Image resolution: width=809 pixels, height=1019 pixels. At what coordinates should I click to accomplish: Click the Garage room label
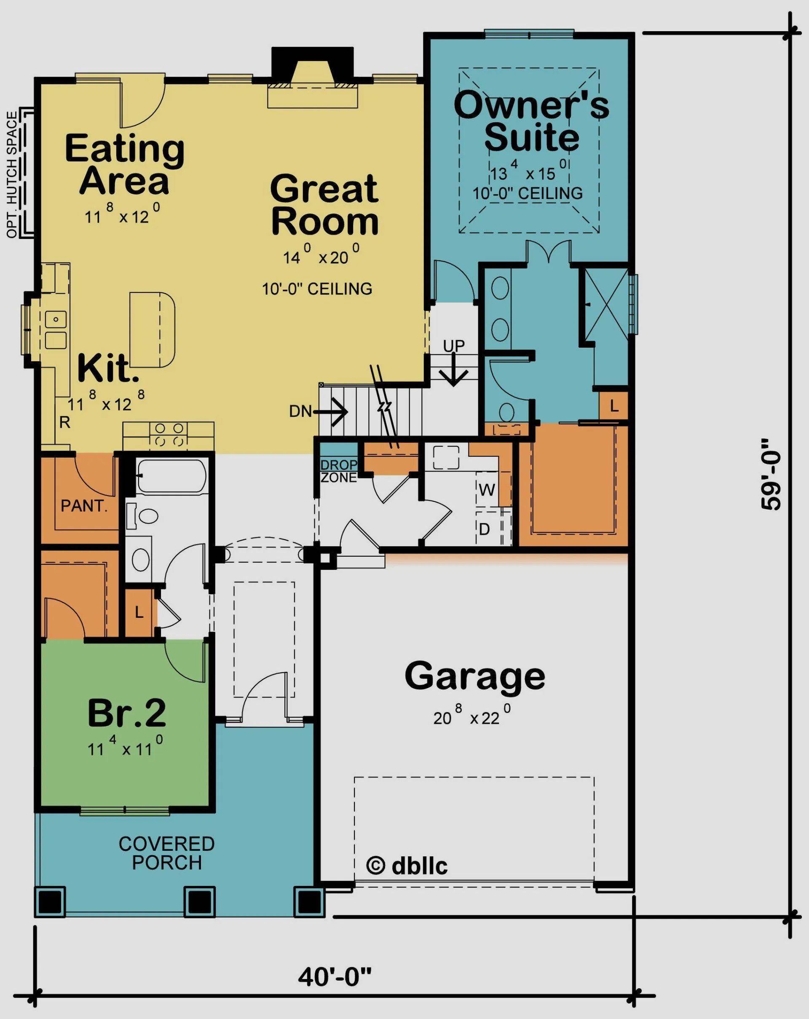click(474, 676)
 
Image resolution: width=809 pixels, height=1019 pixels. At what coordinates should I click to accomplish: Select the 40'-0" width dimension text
click(335, 976)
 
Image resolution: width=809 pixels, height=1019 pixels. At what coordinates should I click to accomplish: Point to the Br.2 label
click(127, 713)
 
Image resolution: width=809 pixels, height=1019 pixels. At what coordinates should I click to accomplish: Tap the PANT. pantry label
click(84, 506)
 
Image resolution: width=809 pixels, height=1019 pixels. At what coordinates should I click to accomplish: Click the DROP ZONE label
click(338, 471)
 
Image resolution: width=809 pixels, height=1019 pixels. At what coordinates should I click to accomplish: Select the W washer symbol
click(487, 490)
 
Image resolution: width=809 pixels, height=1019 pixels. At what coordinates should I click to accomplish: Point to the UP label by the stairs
click(454, 346)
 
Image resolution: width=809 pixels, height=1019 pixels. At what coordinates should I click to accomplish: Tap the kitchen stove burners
click(169, 434)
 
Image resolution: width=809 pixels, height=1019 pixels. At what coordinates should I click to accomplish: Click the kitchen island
click(152, 330)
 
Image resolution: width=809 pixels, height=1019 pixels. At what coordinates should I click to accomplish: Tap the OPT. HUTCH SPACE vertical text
click(13, 175)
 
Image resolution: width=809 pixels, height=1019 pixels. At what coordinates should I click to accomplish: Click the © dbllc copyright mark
click(406, 866)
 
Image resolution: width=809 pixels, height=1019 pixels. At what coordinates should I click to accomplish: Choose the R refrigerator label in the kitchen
click(64, 422)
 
